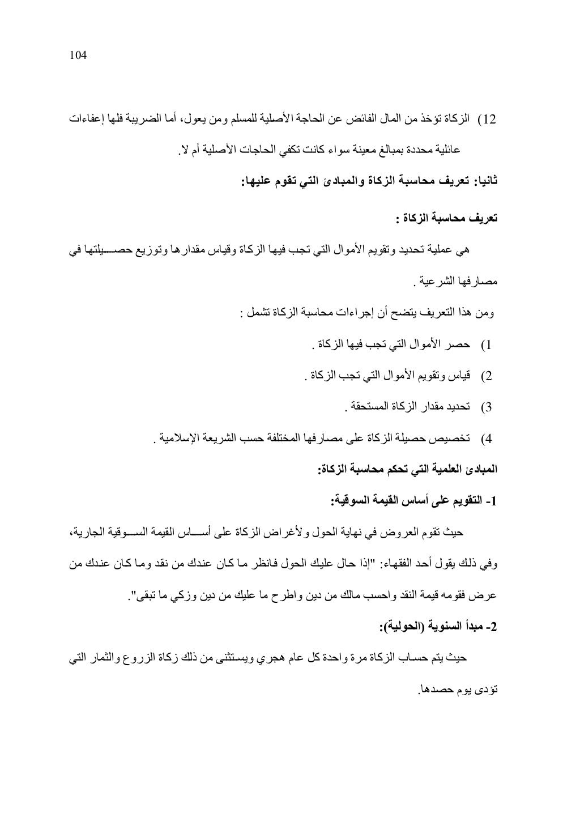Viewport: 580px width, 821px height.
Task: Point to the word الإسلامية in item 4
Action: [x=178, y=438]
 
